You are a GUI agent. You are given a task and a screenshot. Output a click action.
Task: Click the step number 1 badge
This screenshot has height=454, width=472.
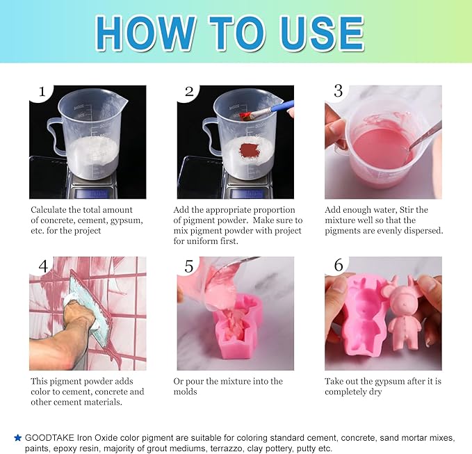click(42, 92)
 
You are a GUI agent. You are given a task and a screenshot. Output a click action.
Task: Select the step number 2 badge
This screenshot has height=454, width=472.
click(189, 92)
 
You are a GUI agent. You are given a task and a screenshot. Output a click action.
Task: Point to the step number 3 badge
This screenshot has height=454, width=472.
click(338, 90)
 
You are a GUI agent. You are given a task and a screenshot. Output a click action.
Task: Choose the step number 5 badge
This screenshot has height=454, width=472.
click(188, 265)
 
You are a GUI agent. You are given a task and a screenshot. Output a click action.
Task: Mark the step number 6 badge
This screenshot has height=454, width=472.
click(338, 265)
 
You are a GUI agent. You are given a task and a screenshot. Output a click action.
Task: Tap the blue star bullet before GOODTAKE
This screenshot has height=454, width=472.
click(17, 437)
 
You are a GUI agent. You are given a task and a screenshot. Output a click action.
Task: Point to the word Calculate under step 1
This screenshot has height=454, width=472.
click(52, 209)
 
